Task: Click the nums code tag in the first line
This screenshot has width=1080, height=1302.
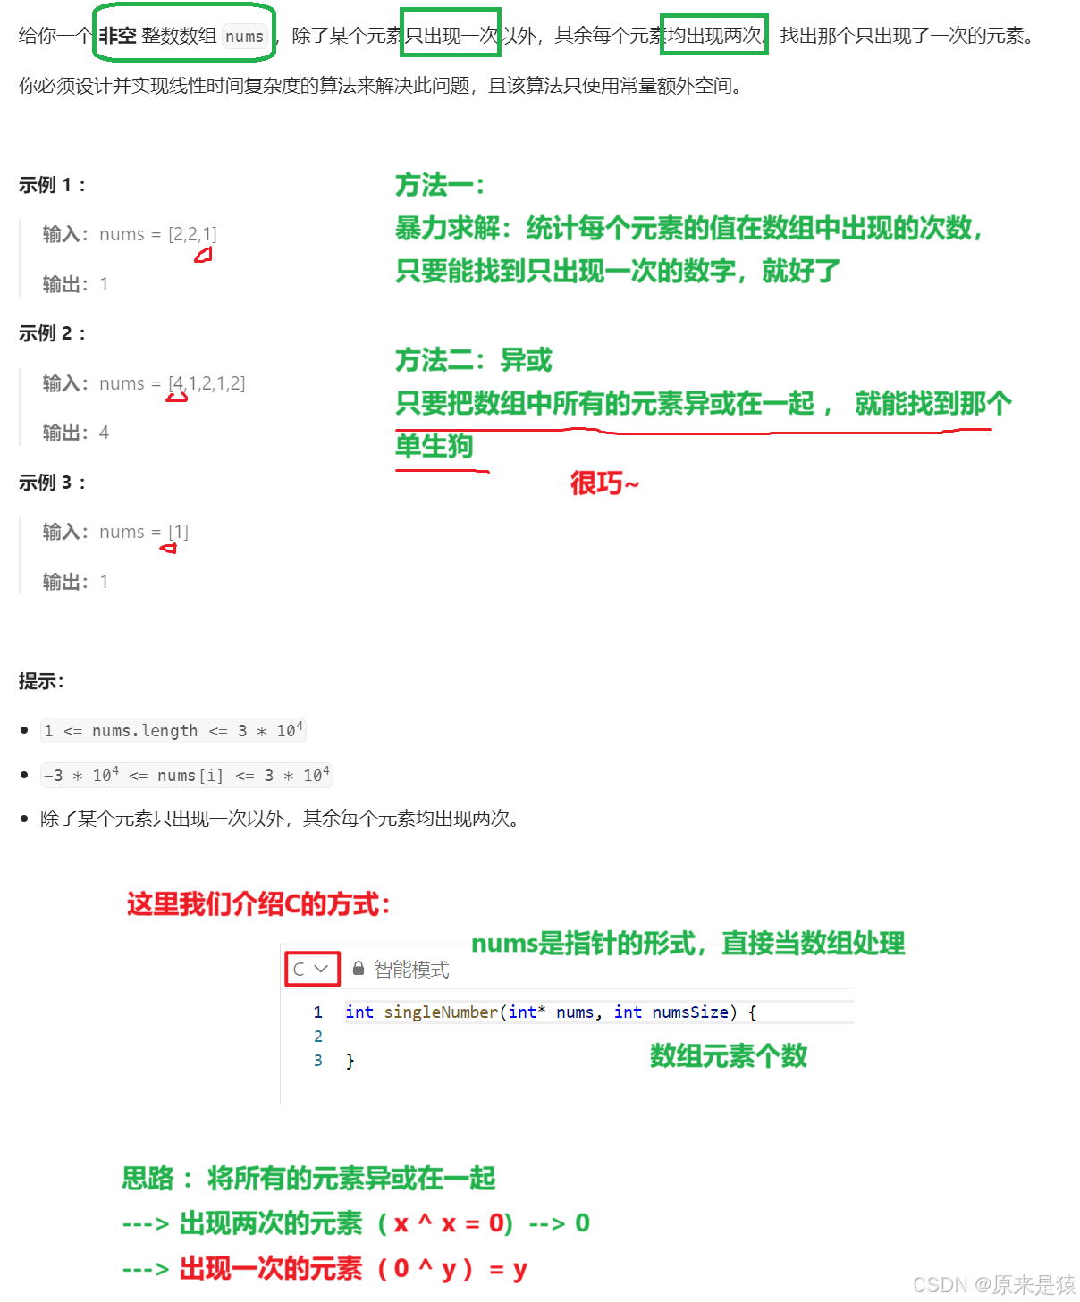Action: point(244,37)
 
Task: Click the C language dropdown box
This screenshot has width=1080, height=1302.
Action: point(312,969)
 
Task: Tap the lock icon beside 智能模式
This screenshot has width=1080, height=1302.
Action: point(359,969)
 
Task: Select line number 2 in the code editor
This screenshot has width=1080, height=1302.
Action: point(317,1036)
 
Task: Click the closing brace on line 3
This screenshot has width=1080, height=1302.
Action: point(350,1061)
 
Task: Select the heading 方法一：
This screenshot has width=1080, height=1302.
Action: point(440,186)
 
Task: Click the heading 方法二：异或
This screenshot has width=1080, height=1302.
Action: point(474,360)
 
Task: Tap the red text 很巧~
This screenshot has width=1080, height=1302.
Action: point(604,483)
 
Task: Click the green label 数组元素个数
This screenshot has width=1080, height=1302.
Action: point(728,1055)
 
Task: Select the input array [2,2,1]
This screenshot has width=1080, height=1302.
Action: point(192,234)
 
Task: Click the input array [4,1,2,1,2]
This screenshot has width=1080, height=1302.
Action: point(207,383)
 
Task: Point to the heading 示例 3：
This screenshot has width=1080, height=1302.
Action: point(52,483)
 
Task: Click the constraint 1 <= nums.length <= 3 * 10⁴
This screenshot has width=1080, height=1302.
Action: point(174,731)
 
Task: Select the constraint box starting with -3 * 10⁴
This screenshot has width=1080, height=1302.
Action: point(187,775)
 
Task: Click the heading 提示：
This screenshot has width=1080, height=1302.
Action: point(41,681)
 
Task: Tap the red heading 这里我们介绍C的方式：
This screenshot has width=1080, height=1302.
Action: point(258,904)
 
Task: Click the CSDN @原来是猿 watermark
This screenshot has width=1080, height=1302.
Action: point(992,1284)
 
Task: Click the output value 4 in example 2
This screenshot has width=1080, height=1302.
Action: point(104,433)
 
